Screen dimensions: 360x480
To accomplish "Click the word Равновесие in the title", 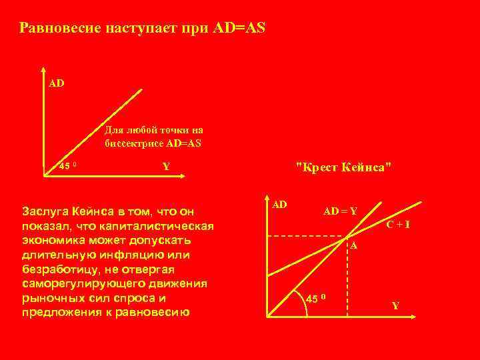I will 59,28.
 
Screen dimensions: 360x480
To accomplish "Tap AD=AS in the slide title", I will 239,28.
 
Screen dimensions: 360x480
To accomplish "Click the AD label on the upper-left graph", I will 57,85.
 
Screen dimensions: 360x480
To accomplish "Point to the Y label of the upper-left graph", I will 166,167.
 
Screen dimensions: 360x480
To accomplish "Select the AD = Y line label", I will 340,211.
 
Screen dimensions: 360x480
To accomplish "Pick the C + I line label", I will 398,225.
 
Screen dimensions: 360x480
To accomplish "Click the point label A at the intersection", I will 354,245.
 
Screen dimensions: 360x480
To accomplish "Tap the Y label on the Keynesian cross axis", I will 395,306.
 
